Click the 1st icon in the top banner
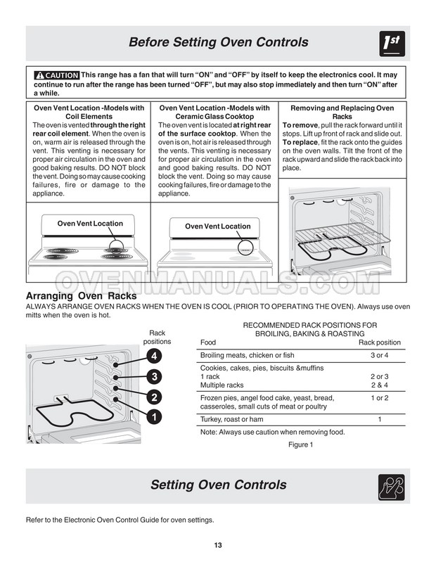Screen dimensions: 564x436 click(x=391, y=43)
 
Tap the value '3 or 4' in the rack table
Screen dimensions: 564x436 click(x=379, y=356)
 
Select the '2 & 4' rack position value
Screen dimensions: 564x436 click(x=379, y=385)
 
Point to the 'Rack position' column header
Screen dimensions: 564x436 click(x=380, y=342)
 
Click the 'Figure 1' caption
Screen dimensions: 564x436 click(x=300, y=445)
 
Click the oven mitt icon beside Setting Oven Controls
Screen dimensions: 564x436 click(x=391, y=486)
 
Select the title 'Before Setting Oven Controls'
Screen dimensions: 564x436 click(x=218, y=43)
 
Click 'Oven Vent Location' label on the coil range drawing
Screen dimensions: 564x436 click(x=90, y=224)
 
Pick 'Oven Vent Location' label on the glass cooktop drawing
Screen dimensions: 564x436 click(x=217, y=226)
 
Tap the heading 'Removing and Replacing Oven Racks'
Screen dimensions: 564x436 click(x=342, y=113)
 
